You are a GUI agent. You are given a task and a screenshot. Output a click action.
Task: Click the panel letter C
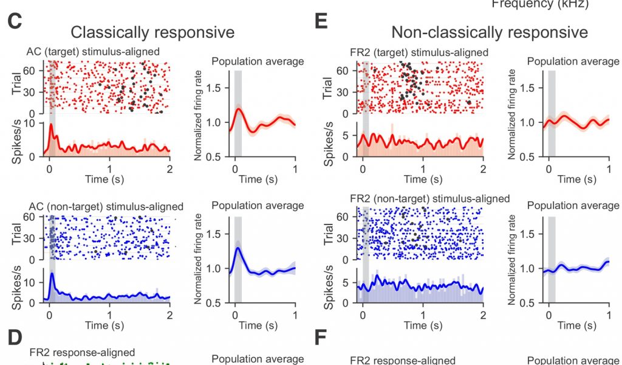pos(15,22)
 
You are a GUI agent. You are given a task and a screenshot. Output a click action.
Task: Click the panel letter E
pos(322,22)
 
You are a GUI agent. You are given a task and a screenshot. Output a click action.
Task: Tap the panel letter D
pos(15,338)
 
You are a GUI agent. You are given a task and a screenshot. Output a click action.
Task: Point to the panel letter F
pos(322,338)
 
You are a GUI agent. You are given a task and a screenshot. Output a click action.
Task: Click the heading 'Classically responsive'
pos(152,32)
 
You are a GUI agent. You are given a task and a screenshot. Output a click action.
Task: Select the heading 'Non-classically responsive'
pos(489,32)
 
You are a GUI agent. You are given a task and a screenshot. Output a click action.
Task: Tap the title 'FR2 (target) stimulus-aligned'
pos(420,52)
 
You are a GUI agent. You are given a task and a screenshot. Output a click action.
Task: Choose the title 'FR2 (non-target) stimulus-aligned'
pos(430,199)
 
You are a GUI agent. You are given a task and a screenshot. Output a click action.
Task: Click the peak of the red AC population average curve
pos(239,109)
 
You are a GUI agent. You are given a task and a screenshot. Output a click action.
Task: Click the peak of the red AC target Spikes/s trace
pos(52,124)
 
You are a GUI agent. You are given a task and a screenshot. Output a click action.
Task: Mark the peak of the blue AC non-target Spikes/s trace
pos(53,274)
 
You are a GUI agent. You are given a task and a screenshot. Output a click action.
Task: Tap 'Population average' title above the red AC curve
pos(258,61)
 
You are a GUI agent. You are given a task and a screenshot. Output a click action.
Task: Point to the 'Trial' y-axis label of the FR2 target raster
pos(328,88)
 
